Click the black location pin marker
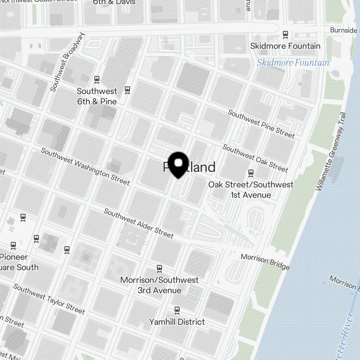pyautogui.click(x=178, y=165)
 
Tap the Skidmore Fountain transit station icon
pyautogui.click(x=285, y=34)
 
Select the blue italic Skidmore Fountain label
pyautogui.click(x=293, y=63)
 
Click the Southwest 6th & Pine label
pyautogui.click(x=97, y=96)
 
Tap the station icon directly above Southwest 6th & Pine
pyautogui.click(x=96, y=79)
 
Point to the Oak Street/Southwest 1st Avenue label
pyautogui.click(x=251, y=190)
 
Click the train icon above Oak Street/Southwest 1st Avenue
pyautogui.click(x=251, y=173)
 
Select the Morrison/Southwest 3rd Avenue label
pyautogui.click(x=159, y=285)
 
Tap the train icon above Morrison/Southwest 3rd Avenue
pyautogui.click(x=159, y=268)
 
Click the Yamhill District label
pyautogui.click(x=177, y=321)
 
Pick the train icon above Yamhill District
pyautogui.click(x=177, y=310)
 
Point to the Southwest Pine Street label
pyautogui.click(x=261, y=124)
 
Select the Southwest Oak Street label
pyautogui.click(x=255, y=158)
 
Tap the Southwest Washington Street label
pyautogui.click(x=85, y=166)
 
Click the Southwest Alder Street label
pyautogui.click(x=139, y=223)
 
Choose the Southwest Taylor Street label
pyautogui.click(x=49, y=298)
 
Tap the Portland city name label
pyautogui.click(x=189, y=167)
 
